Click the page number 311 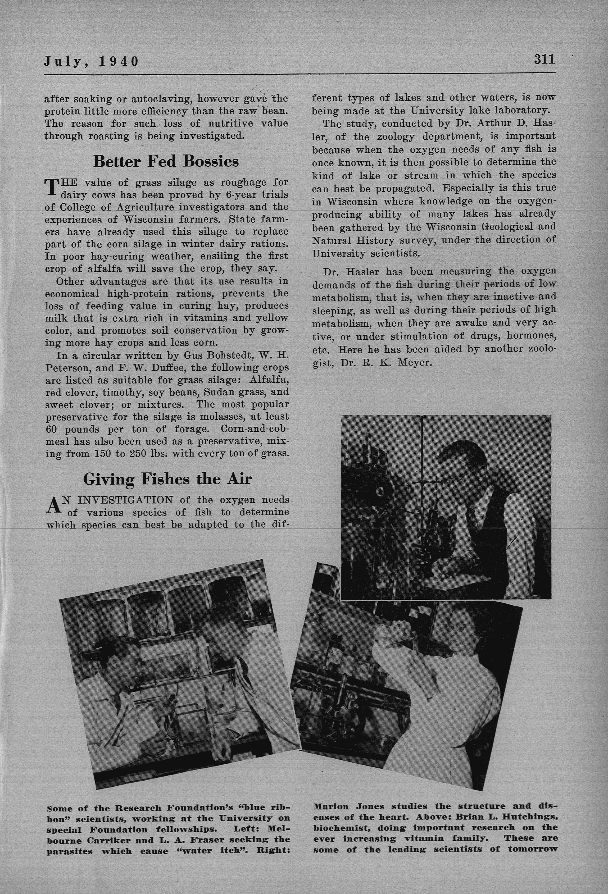tap(544, 60)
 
